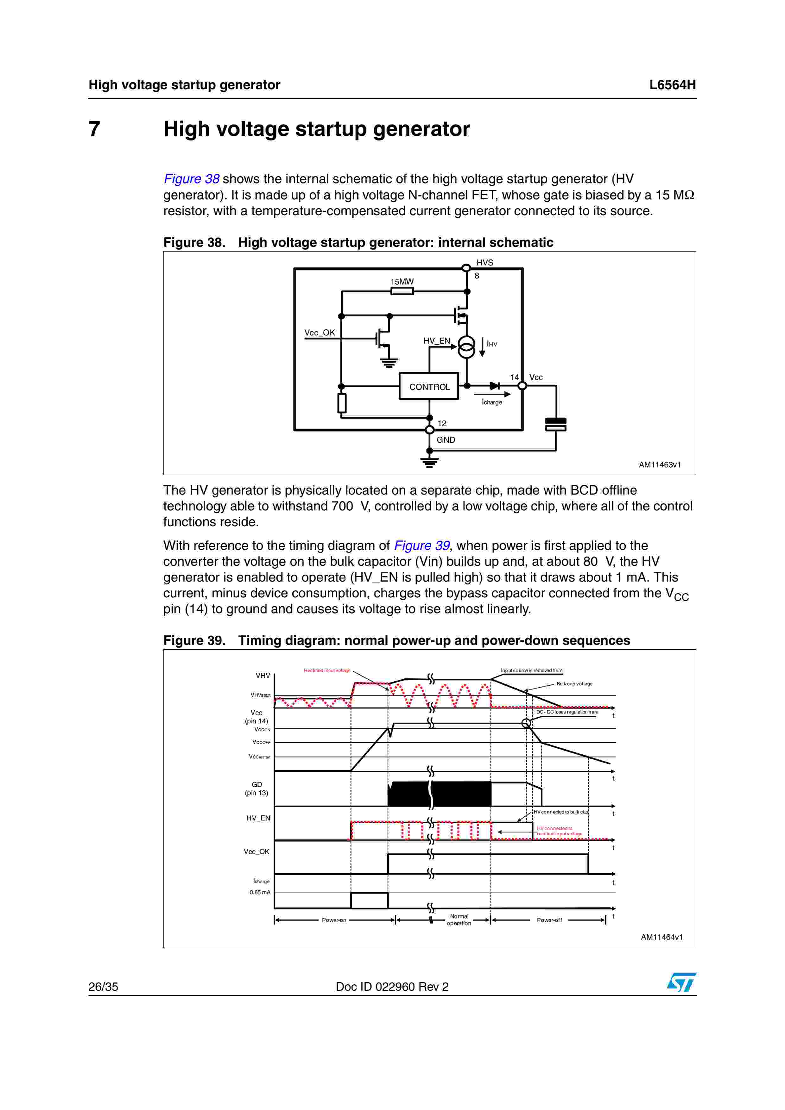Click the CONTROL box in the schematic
point(428,386)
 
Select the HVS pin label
point(484,263)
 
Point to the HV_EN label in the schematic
point(436,341)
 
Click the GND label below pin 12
point(446,440)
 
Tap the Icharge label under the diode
point(492,402)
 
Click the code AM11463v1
point(659,465)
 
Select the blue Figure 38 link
point(192,179)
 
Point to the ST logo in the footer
point(681,982)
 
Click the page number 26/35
point(103,987)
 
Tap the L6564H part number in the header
point(672,85)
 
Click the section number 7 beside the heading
point(94,129)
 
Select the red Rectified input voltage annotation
point(327,670)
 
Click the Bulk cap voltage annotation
point(574,683)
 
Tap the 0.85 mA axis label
point(260,892)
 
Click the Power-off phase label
point(549,920)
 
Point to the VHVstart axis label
point(260,695)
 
